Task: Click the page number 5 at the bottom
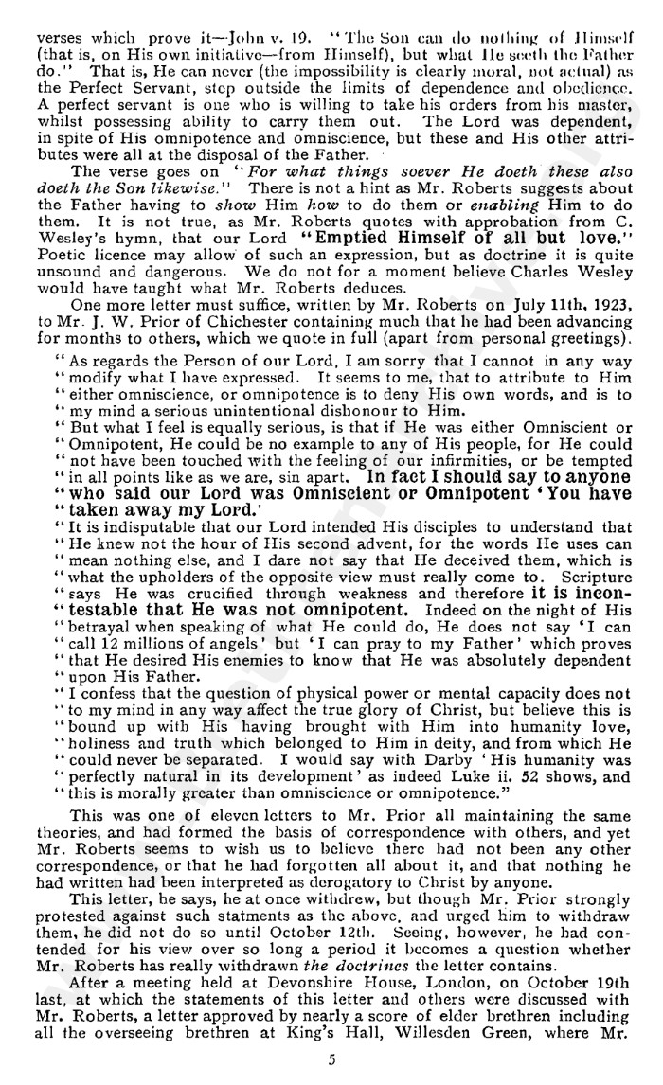(331, 1060)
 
